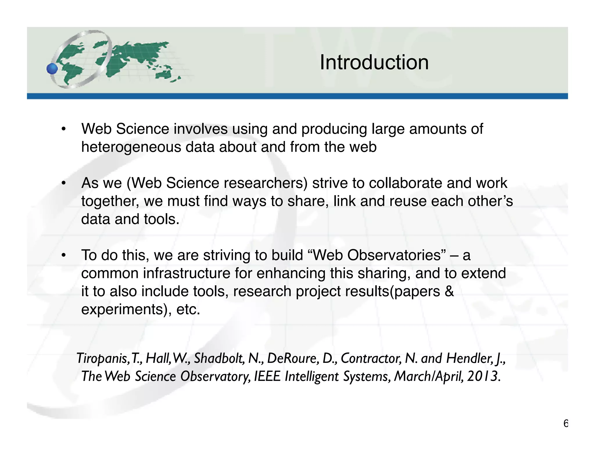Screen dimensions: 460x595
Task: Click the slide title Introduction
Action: pos(374,63)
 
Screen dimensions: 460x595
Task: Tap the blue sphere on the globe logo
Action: pos(53,69)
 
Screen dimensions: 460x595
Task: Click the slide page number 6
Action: pos(565,424)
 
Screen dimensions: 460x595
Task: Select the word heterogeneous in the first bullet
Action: pos(131,147)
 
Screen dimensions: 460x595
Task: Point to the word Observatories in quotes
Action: pos(394,255)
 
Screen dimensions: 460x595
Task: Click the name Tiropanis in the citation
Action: pos(101,358)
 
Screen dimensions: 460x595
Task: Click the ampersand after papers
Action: pos(449,291)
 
